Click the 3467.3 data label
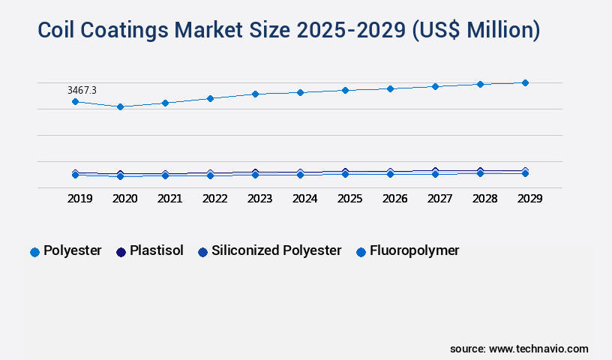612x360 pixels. tap(82, 90)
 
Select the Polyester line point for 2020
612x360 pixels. tap(120, 106)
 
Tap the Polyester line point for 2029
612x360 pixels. tap(525, 82)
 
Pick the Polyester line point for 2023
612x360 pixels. tap(255, 94)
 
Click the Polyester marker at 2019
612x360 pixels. tap(75, 101)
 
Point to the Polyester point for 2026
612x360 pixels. tap(390, 88)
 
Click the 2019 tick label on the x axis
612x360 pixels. tap(80, 199)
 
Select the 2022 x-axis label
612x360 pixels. tap(215, 199)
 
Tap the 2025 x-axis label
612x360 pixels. tap(350, 199)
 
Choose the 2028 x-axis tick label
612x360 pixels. tap(485, 199)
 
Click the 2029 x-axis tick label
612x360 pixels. tap(529, 199)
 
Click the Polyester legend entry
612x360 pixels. tap(72, 251)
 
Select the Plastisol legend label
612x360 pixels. tap(156, 251)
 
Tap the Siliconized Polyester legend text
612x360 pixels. tap(276, 251)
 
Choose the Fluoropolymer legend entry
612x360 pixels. tap(414, 251)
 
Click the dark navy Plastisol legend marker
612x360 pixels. tap(120, 252)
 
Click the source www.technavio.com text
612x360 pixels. tap(519, 349)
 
